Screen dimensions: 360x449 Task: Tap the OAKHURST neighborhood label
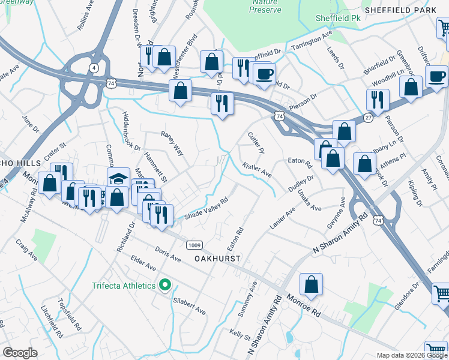coord(217,259)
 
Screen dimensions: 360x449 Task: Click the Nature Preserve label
coord(264,6)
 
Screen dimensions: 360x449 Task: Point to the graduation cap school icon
coord(118,178)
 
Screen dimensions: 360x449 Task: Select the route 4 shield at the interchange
coord(94,68)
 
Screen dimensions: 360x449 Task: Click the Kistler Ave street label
coord(257,169)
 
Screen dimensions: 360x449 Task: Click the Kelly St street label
coord(239,333)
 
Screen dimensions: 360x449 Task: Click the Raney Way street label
coord(172,145)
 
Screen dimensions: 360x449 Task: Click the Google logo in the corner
coord(20,353)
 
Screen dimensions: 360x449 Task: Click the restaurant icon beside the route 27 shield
coord(378,100)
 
